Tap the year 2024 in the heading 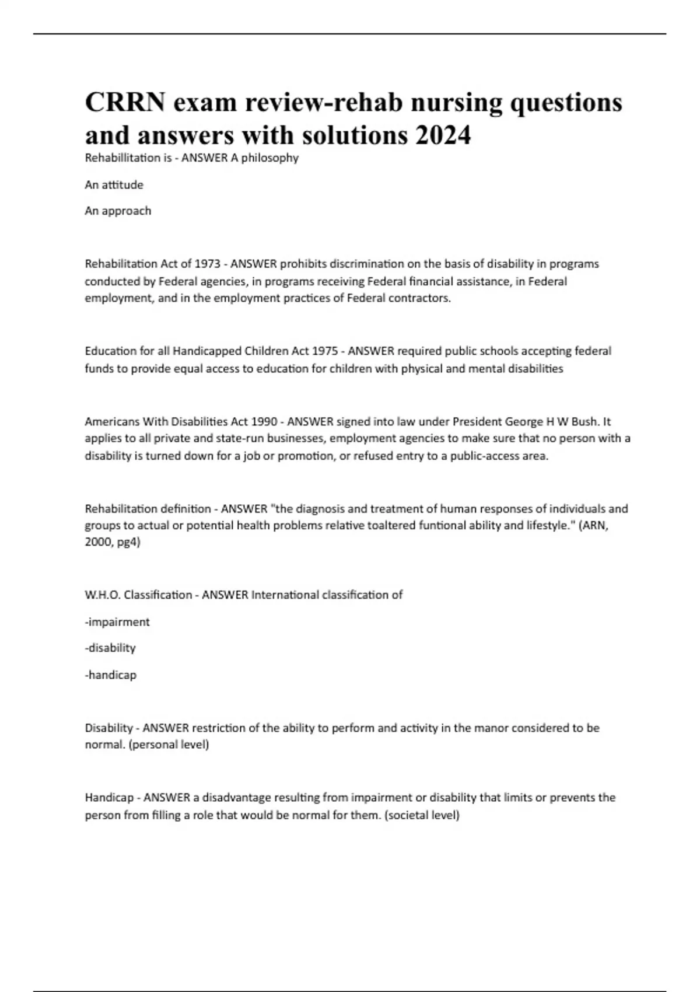[x=443, y=135]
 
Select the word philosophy [x=269, y=158]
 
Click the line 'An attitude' [x=114, y=185]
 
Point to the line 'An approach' [x=118, y=211]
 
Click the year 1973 [x=207, y=264]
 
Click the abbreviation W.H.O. [x=103, y=595]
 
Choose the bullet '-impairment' [x=117, y=622]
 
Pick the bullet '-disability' [x=110, y=648]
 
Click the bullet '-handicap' [x=111, y=675]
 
